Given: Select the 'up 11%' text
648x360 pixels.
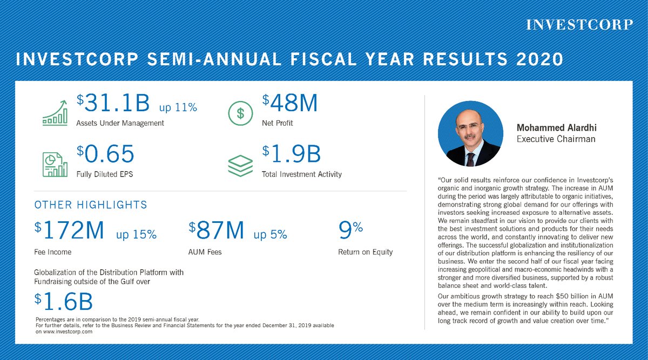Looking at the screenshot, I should tap(178, 107).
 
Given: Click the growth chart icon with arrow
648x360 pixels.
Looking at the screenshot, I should tap(55, 113).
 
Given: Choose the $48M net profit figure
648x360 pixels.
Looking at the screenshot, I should tap(290, 104).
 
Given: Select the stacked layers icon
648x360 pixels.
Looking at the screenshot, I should tap(240, 165).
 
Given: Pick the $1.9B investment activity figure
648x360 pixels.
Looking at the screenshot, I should tap(292, 155).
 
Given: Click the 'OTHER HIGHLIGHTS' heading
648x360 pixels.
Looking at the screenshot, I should tap(91, 205).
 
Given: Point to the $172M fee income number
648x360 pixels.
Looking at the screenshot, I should tap(69, 231).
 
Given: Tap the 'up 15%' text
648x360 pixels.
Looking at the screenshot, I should tap(137, 234).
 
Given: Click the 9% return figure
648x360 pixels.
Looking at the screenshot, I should tap(350, 230).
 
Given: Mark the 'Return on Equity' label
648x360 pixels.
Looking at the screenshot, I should tap(366, 252).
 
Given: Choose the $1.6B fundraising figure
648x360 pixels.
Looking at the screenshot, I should tap(64, 302).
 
